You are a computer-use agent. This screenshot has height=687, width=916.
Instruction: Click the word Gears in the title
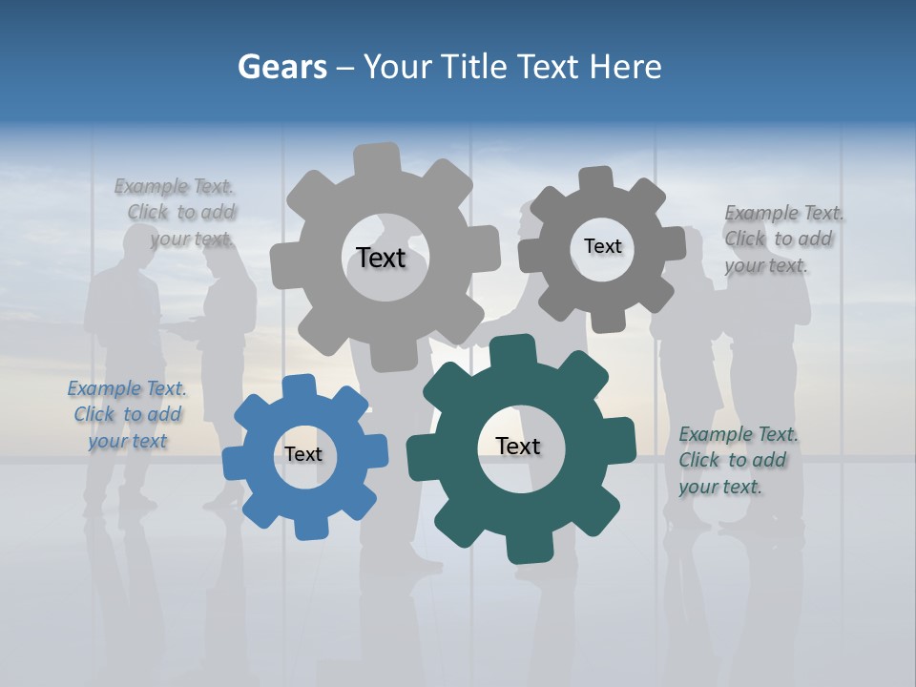tap(281, 67)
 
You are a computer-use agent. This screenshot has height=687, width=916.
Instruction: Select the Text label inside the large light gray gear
tap(381, 258)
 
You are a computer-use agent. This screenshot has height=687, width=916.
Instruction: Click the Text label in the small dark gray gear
tap(602, 246)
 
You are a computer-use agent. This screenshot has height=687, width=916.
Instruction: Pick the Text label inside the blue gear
tap(303, 454)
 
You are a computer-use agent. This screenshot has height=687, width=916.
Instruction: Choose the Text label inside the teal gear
tap(518, 446)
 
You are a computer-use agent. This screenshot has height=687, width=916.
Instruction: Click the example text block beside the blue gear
tap(127, 415)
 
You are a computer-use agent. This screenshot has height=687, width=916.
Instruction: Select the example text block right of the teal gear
tap(738, 460)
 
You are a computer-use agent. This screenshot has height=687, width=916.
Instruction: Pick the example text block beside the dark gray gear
tap(783, 239)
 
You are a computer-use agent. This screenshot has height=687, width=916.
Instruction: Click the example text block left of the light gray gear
tap(176, 213)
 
